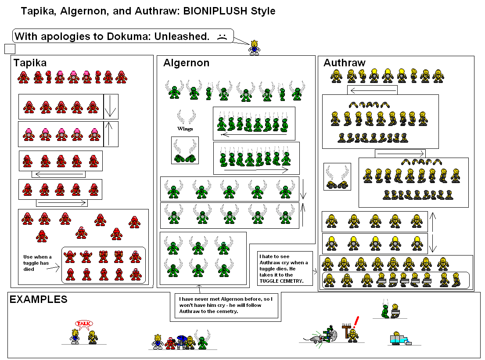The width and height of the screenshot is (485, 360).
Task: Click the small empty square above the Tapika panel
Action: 10,49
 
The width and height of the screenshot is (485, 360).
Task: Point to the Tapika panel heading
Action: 29,63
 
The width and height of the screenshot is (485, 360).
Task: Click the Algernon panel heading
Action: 186,63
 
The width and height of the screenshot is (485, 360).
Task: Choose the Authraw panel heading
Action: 344,63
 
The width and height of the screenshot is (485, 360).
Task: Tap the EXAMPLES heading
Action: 39,299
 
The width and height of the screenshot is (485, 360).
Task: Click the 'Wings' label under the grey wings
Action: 185,129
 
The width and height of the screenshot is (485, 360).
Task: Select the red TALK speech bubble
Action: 83,324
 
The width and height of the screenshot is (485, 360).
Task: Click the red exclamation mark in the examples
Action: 356,322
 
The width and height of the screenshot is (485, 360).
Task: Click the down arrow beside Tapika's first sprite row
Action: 111,107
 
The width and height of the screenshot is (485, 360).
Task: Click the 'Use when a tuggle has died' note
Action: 37,263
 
